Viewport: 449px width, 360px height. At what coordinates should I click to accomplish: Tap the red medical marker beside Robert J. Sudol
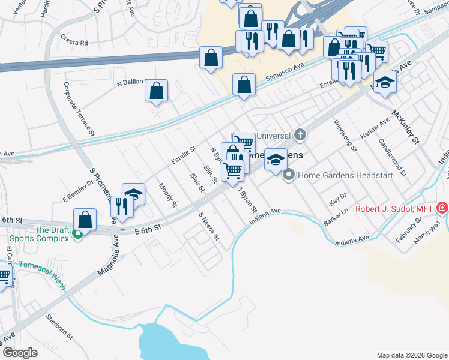(442, 209)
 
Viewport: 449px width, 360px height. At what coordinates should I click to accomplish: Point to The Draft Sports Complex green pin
(77, 235)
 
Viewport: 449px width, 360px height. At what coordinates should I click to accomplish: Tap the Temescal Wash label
(41, 274)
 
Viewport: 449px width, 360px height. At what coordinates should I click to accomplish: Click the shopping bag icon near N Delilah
(156, 91)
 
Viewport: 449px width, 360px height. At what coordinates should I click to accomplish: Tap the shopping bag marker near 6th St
(85, 219)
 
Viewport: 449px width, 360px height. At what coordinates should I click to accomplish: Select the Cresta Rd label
(74, 43)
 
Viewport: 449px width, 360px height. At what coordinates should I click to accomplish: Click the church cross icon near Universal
(299, 136)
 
